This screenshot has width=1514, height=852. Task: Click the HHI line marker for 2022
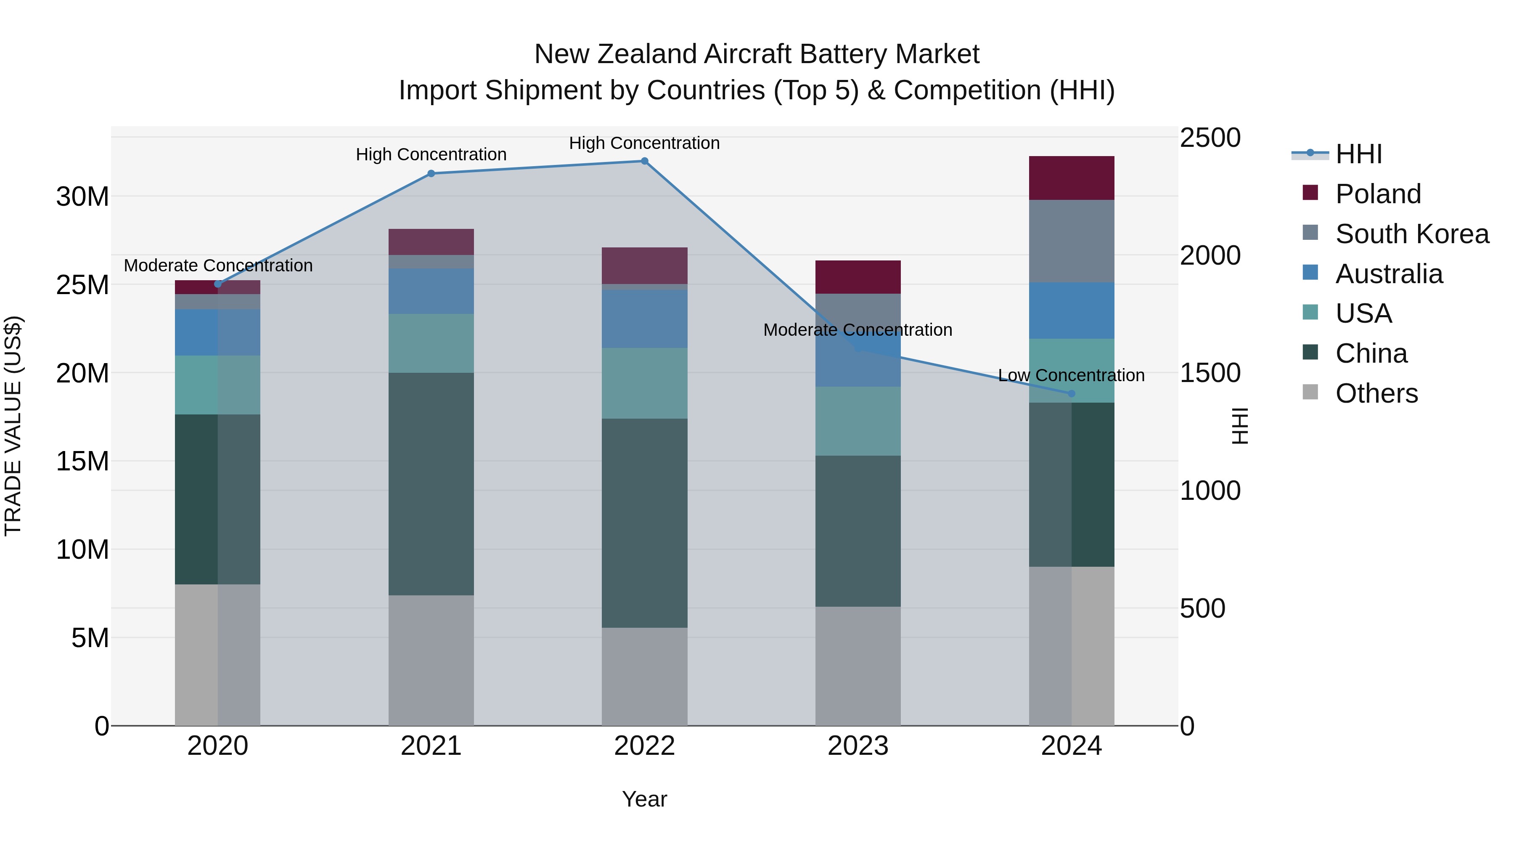tap(644, 161)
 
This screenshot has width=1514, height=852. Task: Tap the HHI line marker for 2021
tap(431, 173)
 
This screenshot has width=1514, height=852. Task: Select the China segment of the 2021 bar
tap(431, 483)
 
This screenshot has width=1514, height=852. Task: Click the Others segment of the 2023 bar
tap(858, 666)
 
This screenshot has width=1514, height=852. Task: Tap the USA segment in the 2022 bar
tap(644, 383)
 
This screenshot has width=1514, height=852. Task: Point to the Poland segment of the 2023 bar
tap(858, 277)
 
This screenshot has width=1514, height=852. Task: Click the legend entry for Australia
tap(1388, 274)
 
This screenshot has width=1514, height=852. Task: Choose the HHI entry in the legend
tap(1358, 154)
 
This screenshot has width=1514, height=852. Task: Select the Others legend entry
tap(1376, 393)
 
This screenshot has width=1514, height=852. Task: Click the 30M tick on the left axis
tap(82, 196)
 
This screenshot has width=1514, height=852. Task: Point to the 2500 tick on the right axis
tap(1210, 138)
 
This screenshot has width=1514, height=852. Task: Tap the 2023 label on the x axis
tap(858, 746)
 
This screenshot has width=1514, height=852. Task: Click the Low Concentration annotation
tap(1071, 375)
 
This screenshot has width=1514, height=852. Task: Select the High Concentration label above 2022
tap(644, 143)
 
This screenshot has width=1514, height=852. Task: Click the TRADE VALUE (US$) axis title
tap(13, 426)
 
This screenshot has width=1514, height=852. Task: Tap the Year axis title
tap(644, 799)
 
